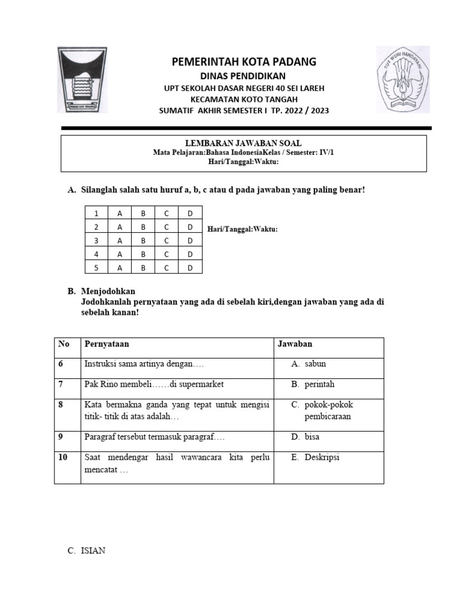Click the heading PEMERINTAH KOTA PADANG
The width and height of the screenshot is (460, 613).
(x=244, y=62)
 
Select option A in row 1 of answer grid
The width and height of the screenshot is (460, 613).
(x=120, y=213)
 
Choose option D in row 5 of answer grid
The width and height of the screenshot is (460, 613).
(x=190, y=268)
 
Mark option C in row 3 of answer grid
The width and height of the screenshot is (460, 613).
(x=167, y=241)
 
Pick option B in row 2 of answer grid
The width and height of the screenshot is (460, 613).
(x=143, y=227)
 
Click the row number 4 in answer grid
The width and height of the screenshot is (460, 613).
(x=96, y=254)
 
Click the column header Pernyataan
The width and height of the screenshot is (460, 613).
(x=107, y=344)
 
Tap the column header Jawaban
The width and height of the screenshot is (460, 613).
(x=294, y=344)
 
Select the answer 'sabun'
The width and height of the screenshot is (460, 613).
(x=315, y=363)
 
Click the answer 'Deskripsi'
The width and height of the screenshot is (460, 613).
(x=322, y=457)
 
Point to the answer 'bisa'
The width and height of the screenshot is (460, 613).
(x=311, y=437)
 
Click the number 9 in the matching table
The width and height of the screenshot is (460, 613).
(x=60, y=437)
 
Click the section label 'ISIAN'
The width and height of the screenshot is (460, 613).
(x=93, y=551)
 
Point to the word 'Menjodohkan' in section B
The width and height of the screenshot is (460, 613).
(x=108, y=292)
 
